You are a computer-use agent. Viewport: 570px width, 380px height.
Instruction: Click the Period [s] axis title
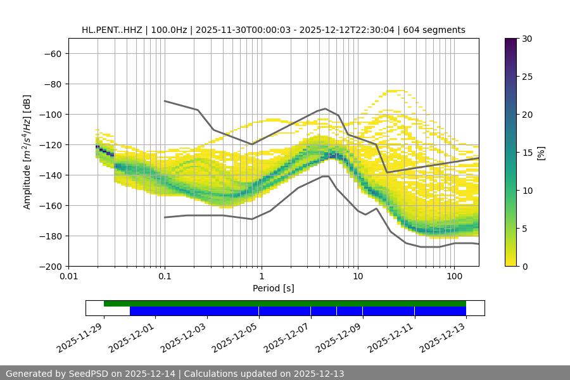coord(273,288)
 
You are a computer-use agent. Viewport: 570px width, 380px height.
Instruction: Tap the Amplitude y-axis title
coord(27,152)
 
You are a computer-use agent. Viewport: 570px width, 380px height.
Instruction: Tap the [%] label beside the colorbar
coord(541,153)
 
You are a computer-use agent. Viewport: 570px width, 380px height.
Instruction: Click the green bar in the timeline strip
coord(285,303)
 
